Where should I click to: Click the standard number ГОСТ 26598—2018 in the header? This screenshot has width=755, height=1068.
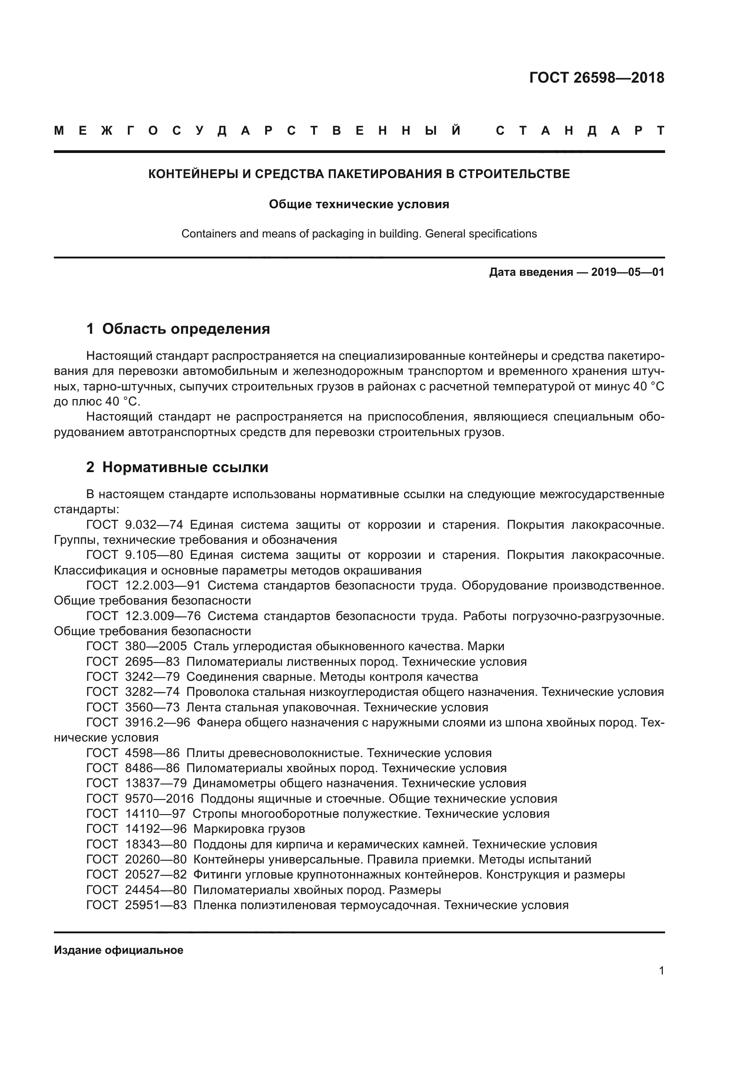click(x=597, y=78)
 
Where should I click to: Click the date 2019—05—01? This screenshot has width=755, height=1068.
click(x=628, y=272)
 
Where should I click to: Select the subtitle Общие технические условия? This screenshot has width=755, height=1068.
click(x=359, y=204)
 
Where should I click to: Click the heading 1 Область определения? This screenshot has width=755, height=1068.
click(x=178, y=329)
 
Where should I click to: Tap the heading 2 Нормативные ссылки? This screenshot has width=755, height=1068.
click(x=177, y=467)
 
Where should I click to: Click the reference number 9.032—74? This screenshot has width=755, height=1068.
click(x=154, y=525)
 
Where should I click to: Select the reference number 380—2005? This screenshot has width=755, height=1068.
click(x=156, y=646)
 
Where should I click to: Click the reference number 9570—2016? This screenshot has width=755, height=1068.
click(x=159, y=799)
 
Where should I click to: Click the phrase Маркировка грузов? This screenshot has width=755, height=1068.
click(x=249, y=829)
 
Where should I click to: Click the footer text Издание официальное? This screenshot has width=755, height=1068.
click(x=119, y=950)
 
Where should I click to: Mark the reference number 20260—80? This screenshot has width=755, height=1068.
click(x=156, y=859)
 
